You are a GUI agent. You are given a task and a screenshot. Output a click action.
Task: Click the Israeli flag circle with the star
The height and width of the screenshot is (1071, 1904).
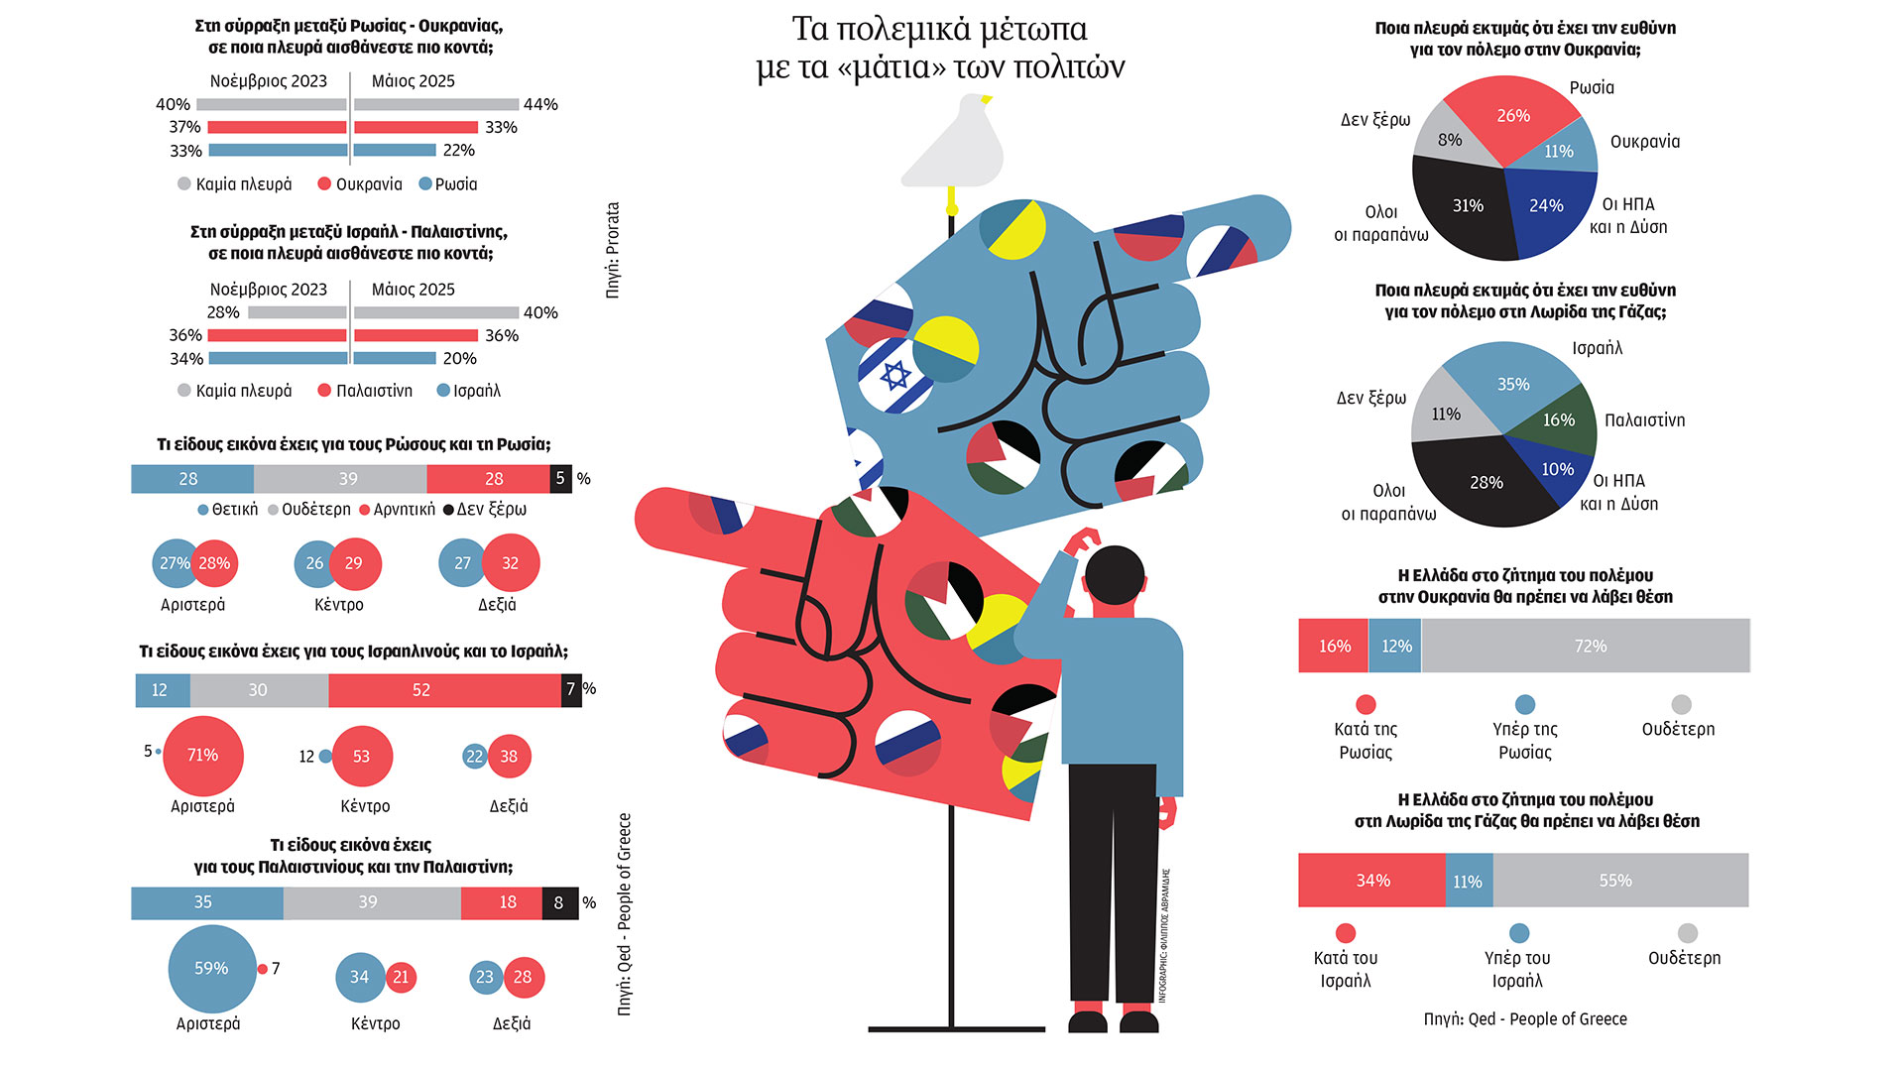(x=894, y=376)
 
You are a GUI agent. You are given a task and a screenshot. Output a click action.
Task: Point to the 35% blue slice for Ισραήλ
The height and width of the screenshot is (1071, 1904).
(x=1511, y=383)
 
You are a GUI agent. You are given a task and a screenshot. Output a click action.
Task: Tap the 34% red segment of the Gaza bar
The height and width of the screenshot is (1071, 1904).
(x=1372, y=881)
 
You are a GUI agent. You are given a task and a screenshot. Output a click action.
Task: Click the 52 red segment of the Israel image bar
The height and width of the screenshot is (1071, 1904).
(x=443, y=690)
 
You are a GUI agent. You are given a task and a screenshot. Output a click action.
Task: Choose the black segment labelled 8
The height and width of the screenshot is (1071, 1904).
(x=559, y=902)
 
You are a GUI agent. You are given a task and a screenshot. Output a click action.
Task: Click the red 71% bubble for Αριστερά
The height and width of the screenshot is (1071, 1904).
(x=203, y=756)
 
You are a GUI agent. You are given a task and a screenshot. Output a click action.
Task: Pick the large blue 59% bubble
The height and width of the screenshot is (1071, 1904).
(x=211, y=969)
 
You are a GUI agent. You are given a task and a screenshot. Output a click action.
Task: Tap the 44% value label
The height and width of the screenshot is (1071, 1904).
(x=540, y=104)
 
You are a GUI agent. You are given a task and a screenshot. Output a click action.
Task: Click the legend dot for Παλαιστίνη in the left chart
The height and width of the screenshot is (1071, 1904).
(x=324, y=391)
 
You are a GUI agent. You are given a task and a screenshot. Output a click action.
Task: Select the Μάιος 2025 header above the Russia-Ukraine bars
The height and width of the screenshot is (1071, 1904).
(x=413, y=81)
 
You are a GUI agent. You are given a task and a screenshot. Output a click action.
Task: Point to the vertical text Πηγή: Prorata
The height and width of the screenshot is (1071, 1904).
(x=612, y=250)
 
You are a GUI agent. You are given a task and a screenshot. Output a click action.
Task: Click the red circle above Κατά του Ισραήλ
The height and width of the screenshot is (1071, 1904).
(x=1345, y=933)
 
